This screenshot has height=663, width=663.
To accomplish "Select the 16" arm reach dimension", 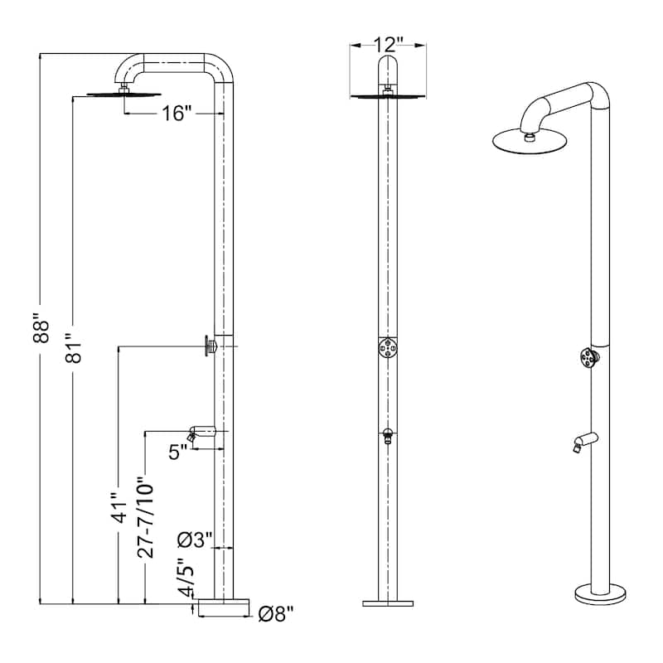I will click(x=177, y=114).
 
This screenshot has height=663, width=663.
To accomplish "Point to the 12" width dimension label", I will click(x=386, y=44).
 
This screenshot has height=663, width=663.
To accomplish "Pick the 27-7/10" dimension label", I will click(x=146, y=519).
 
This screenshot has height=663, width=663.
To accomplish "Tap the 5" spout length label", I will click(x=177, y=454).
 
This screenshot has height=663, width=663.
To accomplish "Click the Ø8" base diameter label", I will click(x=275, y=614).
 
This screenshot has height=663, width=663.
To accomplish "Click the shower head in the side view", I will click(x=121, y=93).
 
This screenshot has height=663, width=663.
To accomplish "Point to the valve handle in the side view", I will click(x=209, y=345).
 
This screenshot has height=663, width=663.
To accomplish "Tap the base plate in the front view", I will click(x=387, y=602).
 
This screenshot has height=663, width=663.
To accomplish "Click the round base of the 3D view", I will click(x=599, y=594).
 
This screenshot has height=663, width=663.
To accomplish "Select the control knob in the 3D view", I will click(x=589, y=358).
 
